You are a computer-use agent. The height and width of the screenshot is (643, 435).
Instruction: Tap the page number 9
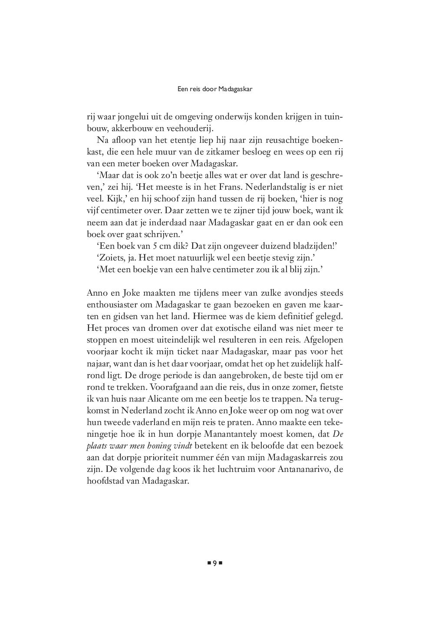(x=214, y=563)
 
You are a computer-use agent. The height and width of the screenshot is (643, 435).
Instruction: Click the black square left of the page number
(x=208, y=563)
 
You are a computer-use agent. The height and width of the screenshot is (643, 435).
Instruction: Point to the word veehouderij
(x=191, y=129)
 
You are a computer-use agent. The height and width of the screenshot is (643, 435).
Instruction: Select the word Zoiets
(x=110, y=258)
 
